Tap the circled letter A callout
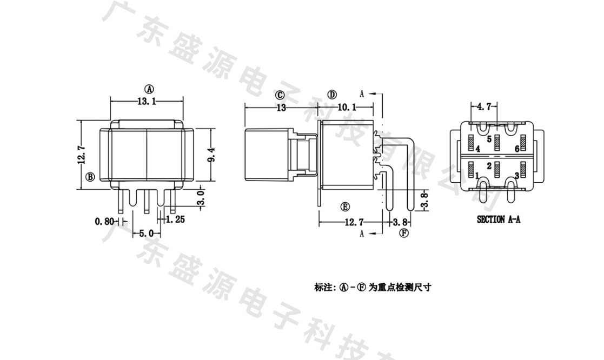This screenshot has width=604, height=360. pos(149,89)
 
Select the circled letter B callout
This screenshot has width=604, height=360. pos(90,177)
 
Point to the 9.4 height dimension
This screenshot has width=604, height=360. pos(212,155)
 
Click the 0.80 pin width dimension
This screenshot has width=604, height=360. pos(105,221)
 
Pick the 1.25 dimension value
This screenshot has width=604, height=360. pos(176,219)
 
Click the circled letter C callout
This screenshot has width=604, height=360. pos(280,95)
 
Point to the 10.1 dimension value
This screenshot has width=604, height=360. pos(347,107)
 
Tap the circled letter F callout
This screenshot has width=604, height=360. pos(403,234)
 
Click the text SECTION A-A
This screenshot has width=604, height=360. pos(498,219)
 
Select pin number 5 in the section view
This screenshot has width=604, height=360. pos(489,139)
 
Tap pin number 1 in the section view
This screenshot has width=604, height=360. pos(477,175)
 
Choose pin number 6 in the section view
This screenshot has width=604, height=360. pos(517,148)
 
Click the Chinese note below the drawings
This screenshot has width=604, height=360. pos(373,288)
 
